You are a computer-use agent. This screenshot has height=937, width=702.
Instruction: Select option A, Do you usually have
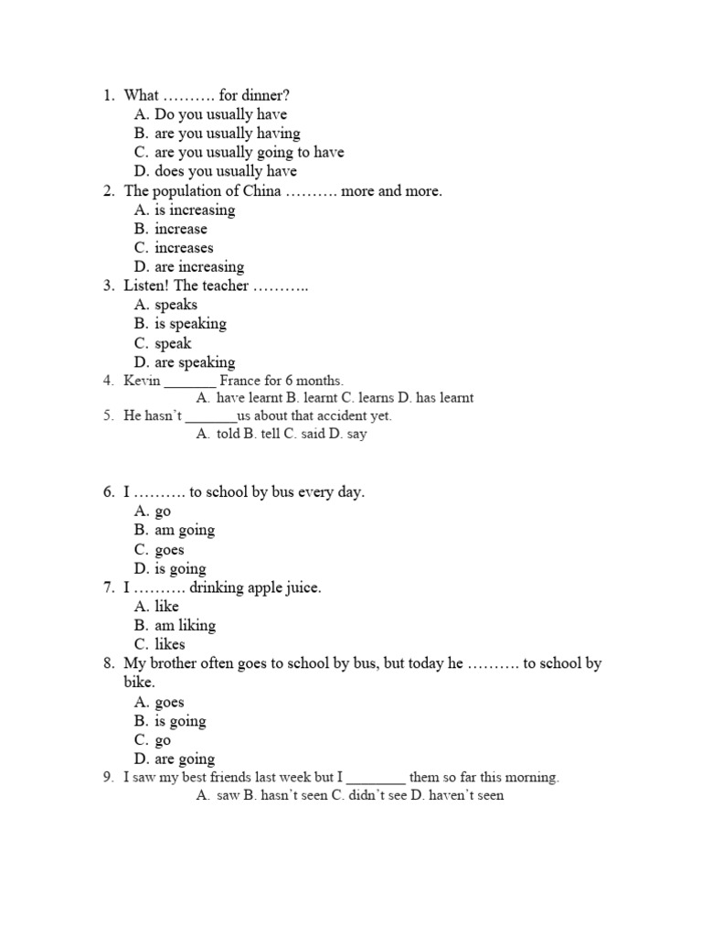tap(220, 114)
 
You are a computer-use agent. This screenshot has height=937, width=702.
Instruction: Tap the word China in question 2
tap(261, 191)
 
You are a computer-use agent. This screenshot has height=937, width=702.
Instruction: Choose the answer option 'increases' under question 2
tap(184, 248)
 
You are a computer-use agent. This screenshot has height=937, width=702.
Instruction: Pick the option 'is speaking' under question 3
tap(190, 324)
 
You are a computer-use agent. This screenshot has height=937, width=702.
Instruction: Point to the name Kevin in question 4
tap(142, 380)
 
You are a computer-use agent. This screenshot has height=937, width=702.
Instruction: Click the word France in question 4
tap(245, 380)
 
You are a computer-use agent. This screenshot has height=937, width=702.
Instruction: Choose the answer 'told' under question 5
tap(228, 434)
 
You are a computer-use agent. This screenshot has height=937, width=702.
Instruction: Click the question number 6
tap(108, 492)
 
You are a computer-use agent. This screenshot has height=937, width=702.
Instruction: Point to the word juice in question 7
tap(300, 587)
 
